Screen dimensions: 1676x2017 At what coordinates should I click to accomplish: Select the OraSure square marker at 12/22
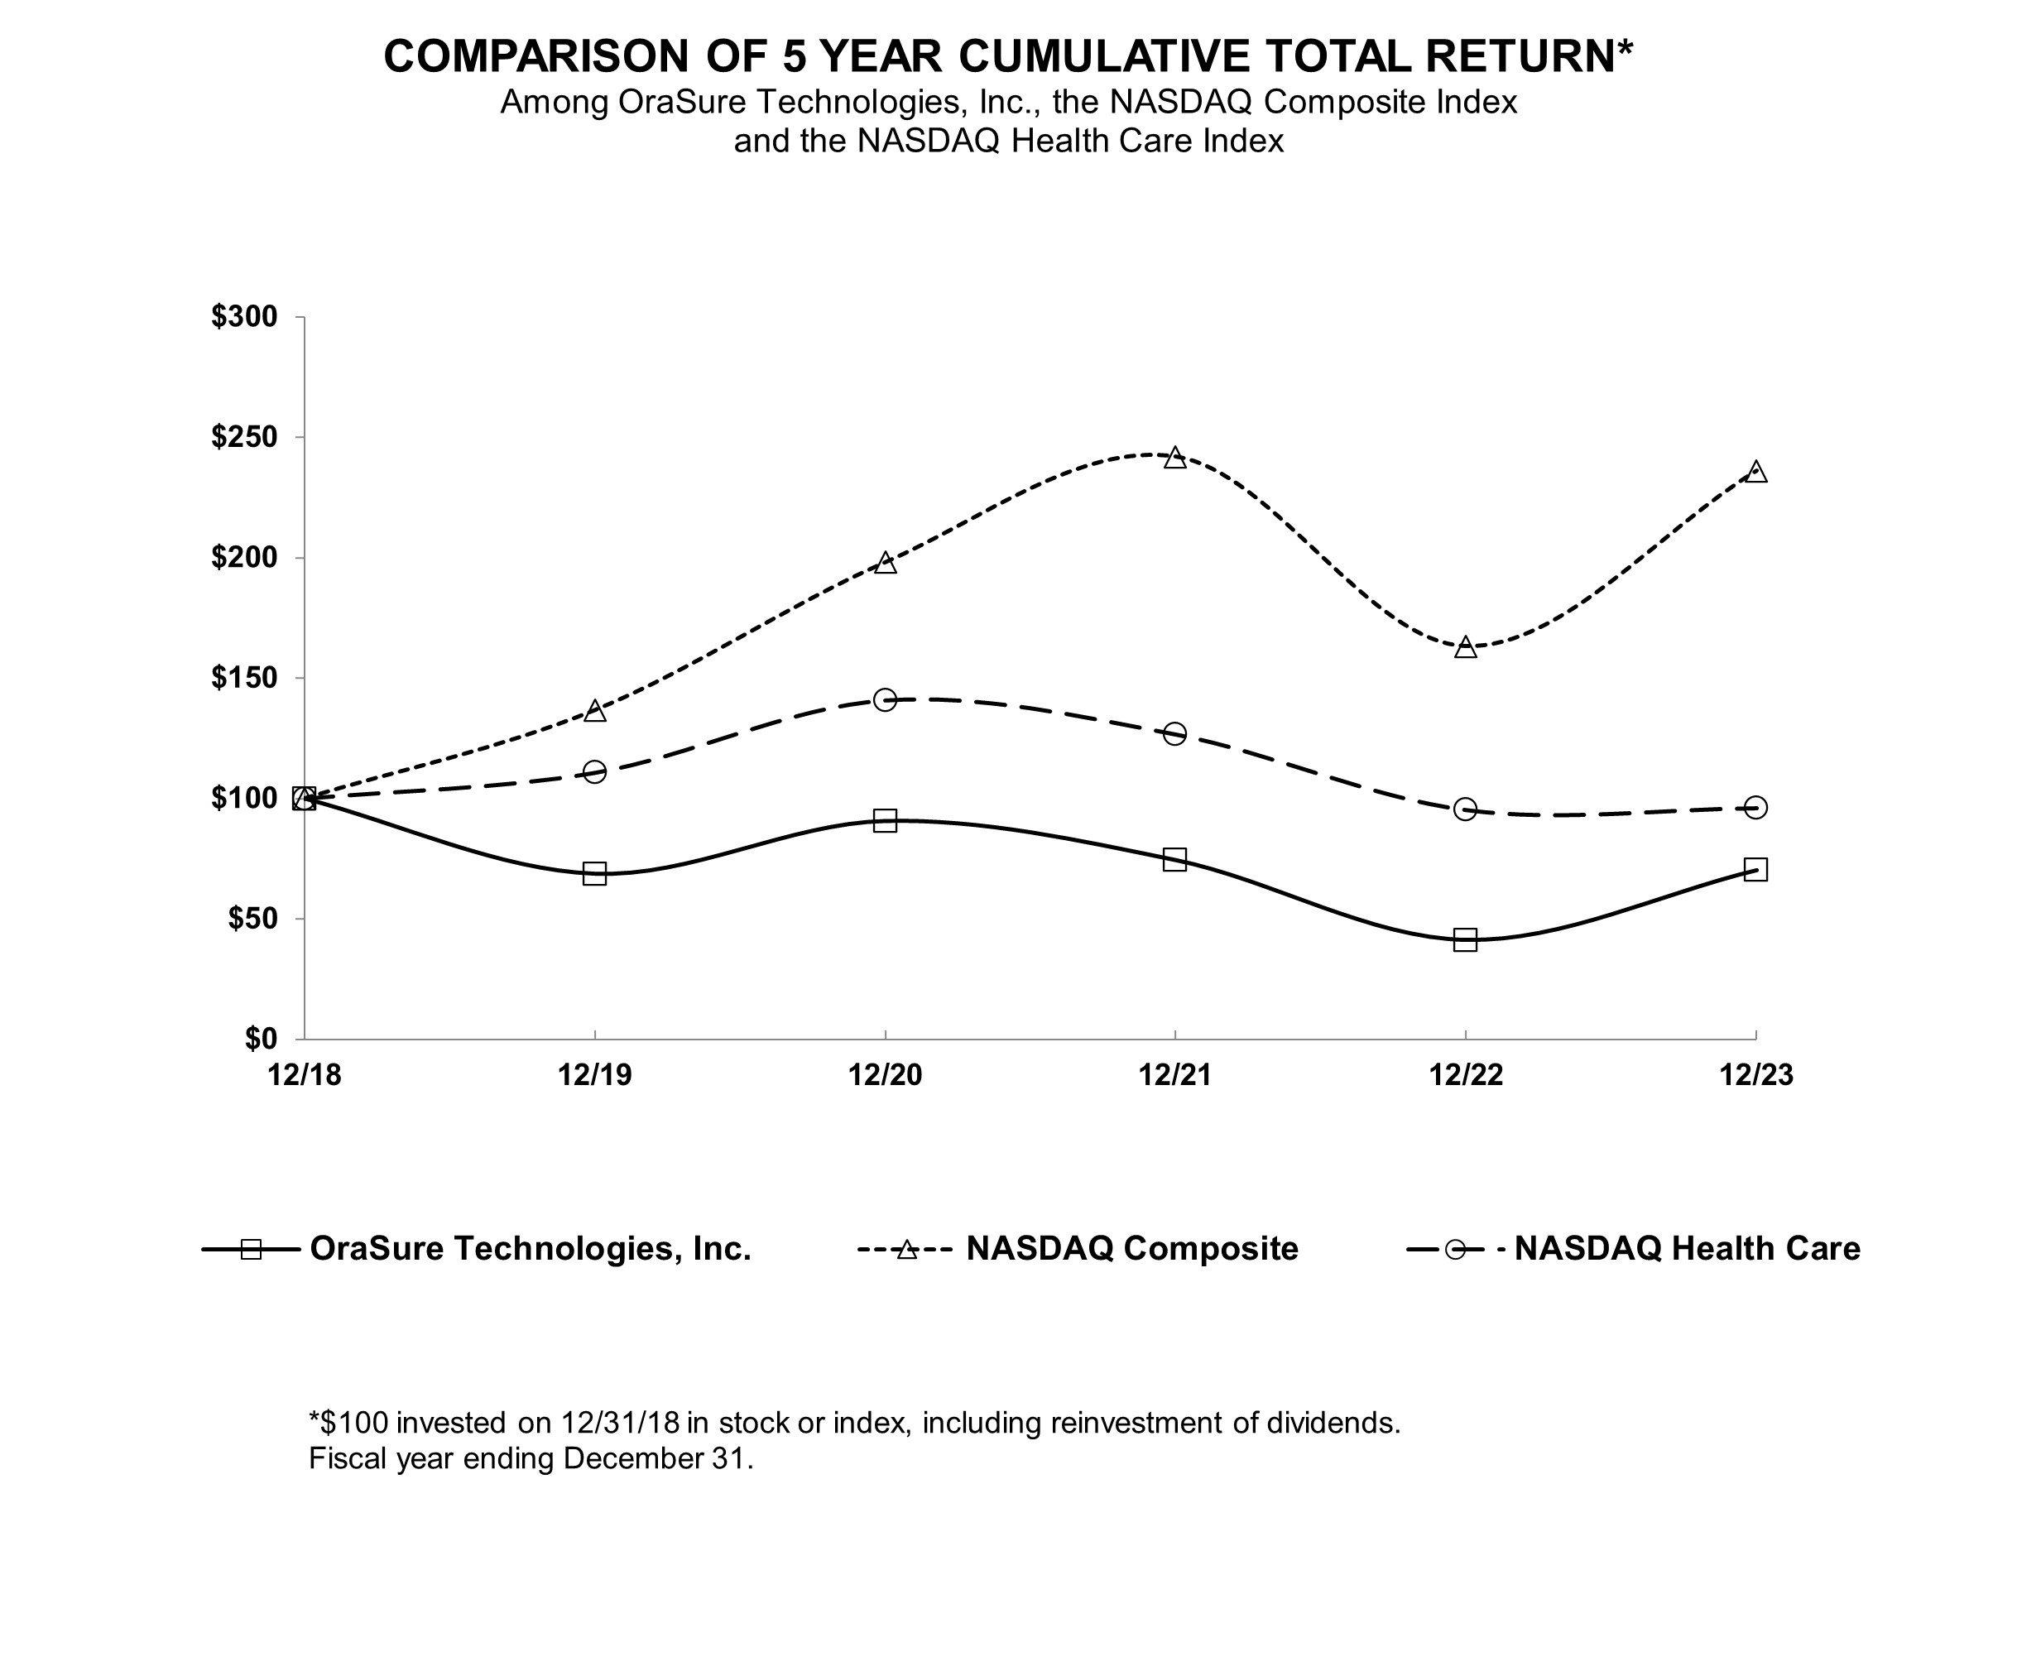[1465, 939]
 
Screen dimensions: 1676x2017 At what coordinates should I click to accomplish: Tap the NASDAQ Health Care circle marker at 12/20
[886, 699]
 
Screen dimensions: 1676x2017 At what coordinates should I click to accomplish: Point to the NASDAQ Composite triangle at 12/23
[1755, 472]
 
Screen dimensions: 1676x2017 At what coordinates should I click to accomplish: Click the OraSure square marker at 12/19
[594, 873]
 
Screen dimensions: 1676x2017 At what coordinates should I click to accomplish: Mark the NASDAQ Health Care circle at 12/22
[1465, 809]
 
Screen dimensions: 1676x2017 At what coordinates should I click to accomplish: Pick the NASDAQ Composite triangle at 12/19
[594, 711]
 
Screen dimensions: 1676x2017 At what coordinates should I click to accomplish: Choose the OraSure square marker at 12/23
[1755, 869]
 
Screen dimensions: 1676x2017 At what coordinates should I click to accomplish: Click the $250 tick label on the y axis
[244, 438]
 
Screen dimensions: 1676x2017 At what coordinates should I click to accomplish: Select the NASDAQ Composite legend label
[1131, 1249]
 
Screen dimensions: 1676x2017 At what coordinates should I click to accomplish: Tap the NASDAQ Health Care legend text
[1687, 1249]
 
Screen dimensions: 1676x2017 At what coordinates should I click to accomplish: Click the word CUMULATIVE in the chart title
[1103, 56]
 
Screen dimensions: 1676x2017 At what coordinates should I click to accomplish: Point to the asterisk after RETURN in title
[1624, 48]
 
